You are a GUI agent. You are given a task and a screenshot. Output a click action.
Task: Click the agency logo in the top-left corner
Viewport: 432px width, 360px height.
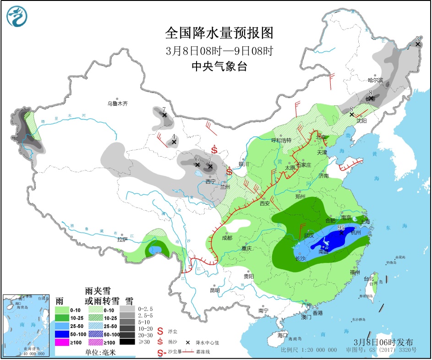point(17,16)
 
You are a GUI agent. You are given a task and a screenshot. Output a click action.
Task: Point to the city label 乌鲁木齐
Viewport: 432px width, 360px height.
point(118,104)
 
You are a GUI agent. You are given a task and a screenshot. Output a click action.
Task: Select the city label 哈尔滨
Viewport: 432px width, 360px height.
point(375,80)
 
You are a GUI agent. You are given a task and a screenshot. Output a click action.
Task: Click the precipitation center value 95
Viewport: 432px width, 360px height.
point(341,227)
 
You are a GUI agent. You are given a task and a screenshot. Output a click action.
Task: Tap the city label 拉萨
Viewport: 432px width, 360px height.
point(122,239)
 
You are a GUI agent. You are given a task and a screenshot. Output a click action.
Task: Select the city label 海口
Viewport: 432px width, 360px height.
point(283,335)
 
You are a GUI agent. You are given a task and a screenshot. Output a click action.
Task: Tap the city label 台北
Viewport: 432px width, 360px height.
point(369,278)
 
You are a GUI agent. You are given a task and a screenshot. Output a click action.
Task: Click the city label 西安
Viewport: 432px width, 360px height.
point(265,203)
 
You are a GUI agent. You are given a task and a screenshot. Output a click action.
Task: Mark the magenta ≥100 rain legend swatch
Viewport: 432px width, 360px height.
point(62,341)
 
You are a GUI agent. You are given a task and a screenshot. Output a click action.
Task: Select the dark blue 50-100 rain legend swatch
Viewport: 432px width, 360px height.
point(62,333)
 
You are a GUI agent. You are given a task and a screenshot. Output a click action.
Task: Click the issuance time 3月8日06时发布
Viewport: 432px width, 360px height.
point(383,342)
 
